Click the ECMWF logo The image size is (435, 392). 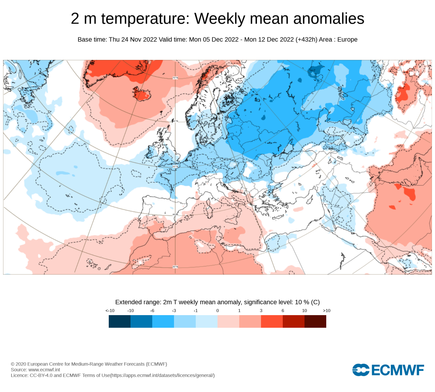[388, 370]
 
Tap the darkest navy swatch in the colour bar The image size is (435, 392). [120, 321]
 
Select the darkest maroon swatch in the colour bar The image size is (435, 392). [315, 321]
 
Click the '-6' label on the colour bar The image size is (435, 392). [152, 311]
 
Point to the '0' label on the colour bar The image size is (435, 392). [217, 311]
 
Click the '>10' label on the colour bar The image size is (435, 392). [326, 311]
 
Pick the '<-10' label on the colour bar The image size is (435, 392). [110, 311]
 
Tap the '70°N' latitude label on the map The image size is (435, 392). [175, 78]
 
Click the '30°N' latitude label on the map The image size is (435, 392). [175, 267]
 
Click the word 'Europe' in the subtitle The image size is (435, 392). [347, 39]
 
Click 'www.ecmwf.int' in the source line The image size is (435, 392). [44, 370]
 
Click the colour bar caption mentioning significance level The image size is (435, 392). [217, 302]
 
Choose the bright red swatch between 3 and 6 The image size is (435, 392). [272, 321]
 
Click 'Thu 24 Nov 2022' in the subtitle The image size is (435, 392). [133, 39]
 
